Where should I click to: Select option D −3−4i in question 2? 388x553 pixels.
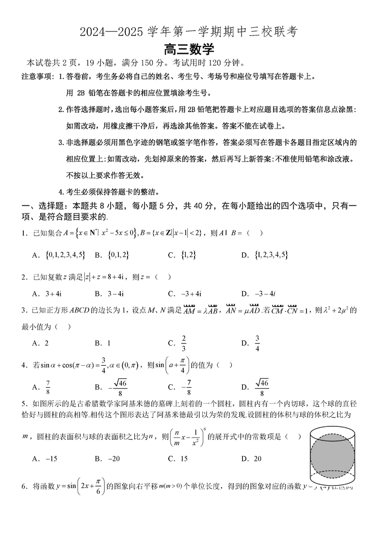pos(265,293)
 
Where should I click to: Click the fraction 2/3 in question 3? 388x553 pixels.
pos(184,343)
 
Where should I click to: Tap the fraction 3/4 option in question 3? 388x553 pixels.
pos(258,343)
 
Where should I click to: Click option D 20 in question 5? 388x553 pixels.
pos(257,458)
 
